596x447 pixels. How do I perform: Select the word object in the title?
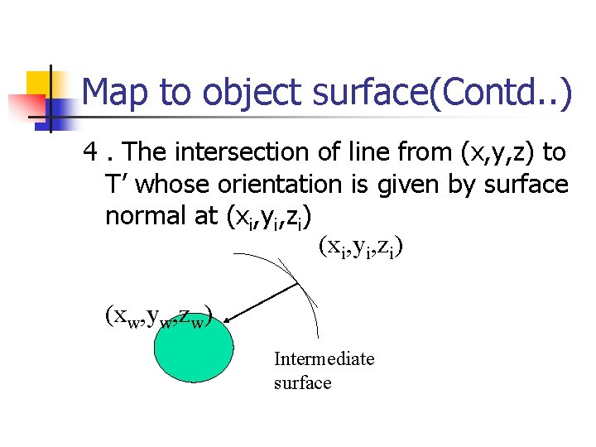point(249,92)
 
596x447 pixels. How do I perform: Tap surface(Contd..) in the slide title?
point(443,92)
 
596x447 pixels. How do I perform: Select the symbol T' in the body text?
point(119,184)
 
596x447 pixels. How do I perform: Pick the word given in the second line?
point(418,184)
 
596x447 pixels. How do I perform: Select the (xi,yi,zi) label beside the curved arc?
point(360,247)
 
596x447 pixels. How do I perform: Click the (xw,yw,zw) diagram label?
point(160,316)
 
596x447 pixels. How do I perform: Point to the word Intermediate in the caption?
point(324,358)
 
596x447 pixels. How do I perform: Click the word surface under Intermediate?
point(302,382)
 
